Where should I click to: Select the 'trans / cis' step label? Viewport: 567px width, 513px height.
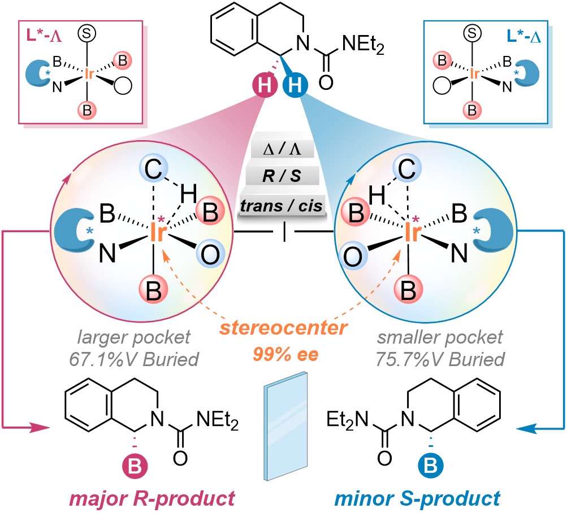pyautogui.click(x=282, y=206)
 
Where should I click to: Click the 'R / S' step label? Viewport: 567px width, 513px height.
pyautogui.click(x=282, y=176)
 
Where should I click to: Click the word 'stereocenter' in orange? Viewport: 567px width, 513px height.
pyautogui.click(x=284, y=328)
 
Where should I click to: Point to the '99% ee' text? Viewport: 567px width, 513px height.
pyautogui.click(x=285, y=355)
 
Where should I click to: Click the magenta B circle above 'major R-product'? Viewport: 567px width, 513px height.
pyautogui.click(x=135, y=467)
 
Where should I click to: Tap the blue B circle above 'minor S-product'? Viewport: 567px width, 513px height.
pyautogui.click(x=430, y=466)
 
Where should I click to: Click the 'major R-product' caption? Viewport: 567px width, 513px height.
pyautogui.click(x=152, y=498)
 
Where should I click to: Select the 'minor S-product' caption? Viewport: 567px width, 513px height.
pyautogui.click(x=417, y=498)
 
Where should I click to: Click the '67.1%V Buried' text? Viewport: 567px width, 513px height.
pyautogui.click(x=134, y=359)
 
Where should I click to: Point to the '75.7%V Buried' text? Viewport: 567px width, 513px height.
pyautogui.click(x=440, y=359)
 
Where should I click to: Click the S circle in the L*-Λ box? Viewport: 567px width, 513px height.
pyautogui.click(x=87, y=33)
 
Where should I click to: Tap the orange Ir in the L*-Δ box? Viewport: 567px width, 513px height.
pyautogui.click(x=475, y=74)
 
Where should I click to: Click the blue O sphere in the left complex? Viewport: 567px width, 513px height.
pyautogui.click(x=210, y=256)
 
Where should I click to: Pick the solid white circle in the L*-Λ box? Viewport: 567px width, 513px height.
pyautogui.click(x=123, y=85)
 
